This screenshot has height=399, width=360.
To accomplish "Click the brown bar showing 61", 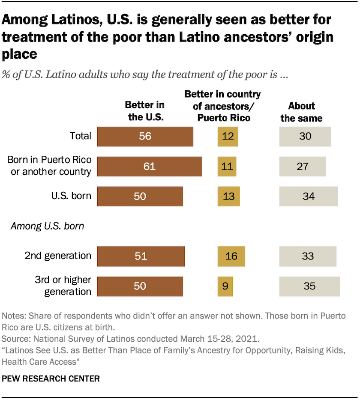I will pos(149,166).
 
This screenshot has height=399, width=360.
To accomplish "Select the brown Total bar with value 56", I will pos(145,136).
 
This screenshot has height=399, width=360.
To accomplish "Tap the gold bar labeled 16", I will pos(231,256).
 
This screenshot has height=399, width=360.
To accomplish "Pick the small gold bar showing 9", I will pos(225,286).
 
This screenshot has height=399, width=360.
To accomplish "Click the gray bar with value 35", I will pos(309,286).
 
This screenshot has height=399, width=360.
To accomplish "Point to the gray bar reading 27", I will pos(303,166).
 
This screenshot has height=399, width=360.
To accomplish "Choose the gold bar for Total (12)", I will pos(228,136).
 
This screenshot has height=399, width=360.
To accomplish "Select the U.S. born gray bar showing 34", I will pos(309,196).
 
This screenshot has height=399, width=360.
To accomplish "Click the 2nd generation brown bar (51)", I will pos(141,256).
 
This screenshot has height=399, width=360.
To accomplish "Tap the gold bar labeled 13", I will pos(228,196).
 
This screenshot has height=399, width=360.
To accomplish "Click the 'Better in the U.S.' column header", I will pos(144,111).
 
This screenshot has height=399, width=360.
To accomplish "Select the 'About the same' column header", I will pos(302,112).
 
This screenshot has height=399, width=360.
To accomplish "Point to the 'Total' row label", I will pos(81,136).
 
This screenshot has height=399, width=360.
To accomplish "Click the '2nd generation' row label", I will pos(58,256).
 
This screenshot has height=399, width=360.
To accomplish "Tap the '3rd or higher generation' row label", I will pos(63,286).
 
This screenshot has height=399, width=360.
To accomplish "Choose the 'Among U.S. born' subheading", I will pos(47,226).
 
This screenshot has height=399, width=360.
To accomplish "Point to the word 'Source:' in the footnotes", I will pos(15,339).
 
